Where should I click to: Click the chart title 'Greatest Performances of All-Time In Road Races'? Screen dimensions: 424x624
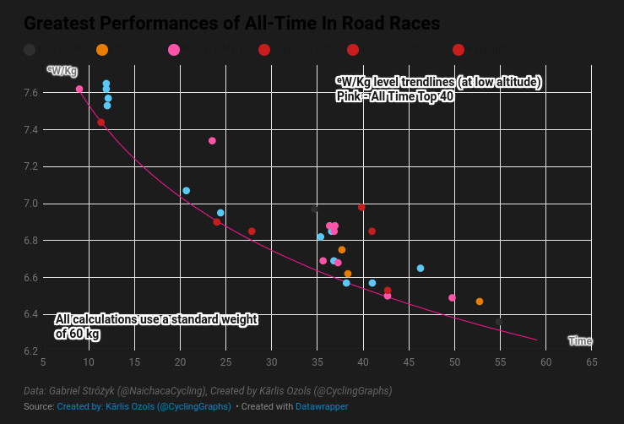coord(232,24)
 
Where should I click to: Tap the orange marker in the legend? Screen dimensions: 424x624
coord(102,51)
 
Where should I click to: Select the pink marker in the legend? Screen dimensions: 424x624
coord(174,51)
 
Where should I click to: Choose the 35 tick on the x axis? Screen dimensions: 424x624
coord(317,362)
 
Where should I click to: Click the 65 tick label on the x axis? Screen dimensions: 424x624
coord(592,362)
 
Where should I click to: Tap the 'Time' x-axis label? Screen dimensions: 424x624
coord(579,341)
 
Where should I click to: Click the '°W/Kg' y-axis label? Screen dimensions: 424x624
coord(62,71)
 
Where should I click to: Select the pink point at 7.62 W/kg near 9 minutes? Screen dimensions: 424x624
coord(79,89)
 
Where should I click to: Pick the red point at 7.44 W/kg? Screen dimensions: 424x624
coord(101,122)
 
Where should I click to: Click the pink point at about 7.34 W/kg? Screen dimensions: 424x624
coord(212,141)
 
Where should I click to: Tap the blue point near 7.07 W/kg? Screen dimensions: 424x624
coord(187,191)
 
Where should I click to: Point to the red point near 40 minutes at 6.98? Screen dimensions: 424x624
coord(361,207)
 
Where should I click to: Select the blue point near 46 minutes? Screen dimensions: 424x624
coord(421,269)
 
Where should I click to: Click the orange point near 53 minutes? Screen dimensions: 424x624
coord(480,302)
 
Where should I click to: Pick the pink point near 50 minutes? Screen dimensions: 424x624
coord(452,297)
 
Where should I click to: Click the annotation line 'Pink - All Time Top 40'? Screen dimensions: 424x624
coord(395,96)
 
